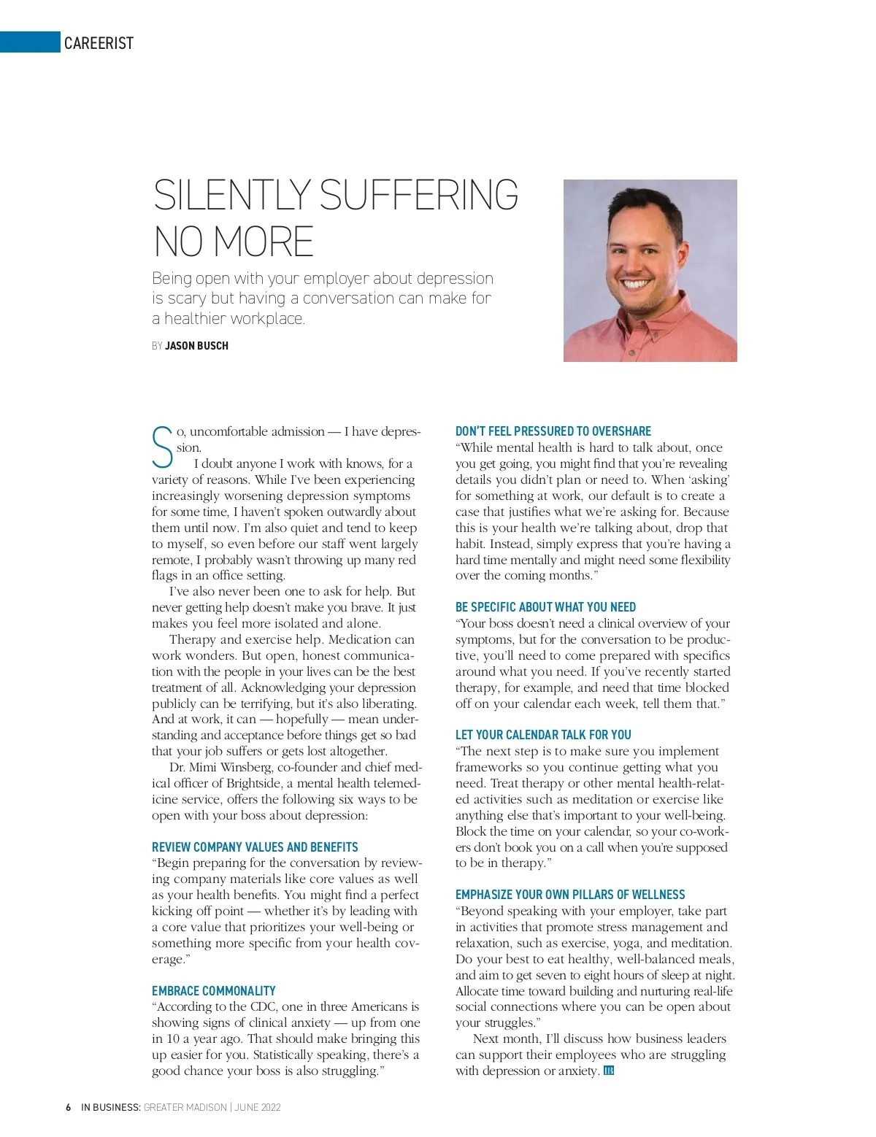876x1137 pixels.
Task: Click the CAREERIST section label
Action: (99, 43)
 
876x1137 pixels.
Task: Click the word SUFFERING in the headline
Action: (419, 196)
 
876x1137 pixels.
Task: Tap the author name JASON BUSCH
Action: (196, 346)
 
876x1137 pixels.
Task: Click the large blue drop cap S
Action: (162, 447)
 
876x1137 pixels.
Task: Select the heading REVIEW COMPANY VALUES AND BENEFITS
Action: (255, 847)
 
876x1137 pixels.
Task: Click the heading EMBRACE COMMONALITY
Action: (213, 990)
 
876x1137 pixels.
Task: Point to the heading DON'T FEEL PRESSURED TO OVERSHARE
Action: (553, 431)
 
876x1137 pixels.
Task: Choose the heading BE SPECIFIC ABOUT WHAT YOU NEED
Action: (545, 607)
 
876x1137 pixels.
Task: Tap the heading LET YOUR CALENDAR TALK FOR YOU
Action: (543, 735)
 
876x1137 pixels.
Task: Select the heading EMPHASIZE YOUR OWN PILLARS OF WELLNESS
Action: (569, 895)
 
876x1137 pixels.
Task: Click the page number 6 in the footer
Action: (69, 1107)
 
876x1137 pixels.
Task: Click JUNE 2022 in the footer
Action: (258, 1107)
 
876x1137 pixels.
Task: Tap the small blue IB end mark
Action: (609, 1071)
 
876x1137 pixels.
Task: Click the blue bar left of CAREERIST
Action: (30, 42)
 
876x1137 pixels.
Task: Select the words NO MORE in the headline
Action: (234, 243)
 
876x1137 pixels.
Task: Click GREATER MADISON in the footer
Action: (185, 1107)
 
